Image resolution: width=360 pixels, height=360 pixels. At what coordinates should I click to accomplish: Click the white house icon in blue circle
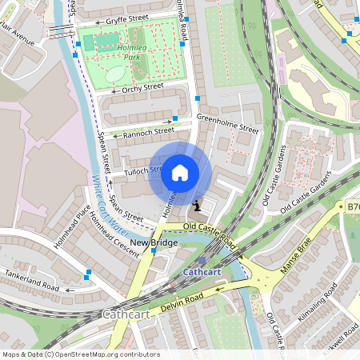[180, 173]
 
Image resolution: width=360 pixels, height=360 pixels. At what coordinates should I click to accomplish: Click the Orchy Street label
[143, 88]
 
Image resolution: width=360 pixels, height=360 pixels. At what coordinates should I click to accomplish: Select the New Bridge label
[154, 242]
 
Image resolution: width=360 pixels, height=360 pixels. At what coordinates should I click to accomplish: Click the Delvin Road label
[178, 300]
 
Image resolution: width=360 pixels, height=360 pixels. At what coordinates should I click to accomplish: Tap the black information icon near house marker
[197, 206]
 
